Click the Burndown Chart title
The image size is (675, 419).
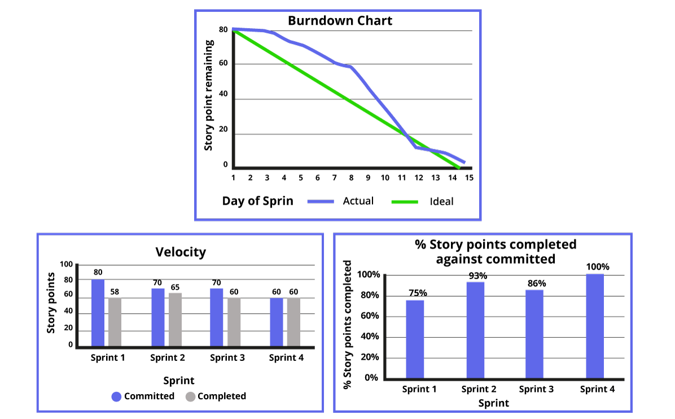tap(340, 21)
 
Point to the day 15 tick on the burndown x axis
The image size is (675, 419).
tap(469, 178)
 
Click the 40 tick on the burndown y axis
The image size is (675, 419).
tap(223, 94)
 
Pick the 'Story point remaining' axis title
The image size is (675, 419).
tap(209, 95)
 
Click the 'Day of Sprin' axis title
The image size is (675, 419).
tap(257, 201)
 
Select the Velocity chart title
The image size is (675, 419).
tap(181, 252)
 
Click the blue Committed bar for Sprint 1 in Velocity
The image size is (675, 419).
tap(98, 312)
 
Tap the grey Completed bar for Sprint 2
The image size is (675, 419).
tap(175, 319)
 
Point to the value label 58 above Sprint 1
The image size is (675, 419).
tap(115, 292)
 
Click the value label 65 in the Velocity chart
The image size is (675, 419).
tap(174, 286)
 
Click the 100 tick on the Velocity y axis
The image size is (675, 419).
tap(67, 264)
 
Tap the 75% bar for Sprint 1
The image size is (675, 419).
tap(415, 339)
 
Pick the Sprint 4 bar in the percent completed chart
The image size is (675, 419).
tap(595, 326)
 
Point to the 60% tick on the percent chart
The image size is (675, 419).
tap(367, 316)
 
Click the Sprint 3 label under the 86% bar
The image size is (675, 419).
tap(536, 389)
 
